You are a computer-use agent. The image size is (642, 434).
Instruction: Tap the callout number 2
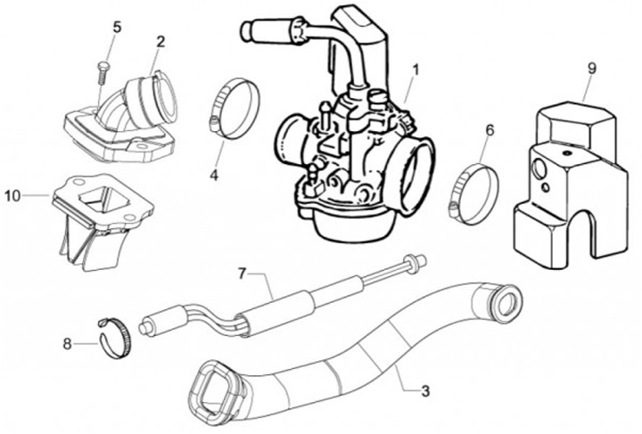160,41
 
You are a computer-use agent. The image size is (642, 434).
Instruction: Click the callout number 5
116,27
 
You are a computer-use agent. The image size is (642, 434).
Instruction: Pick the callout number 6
489,130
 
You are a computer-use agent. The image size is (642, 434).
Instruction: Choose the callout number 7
241,274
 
